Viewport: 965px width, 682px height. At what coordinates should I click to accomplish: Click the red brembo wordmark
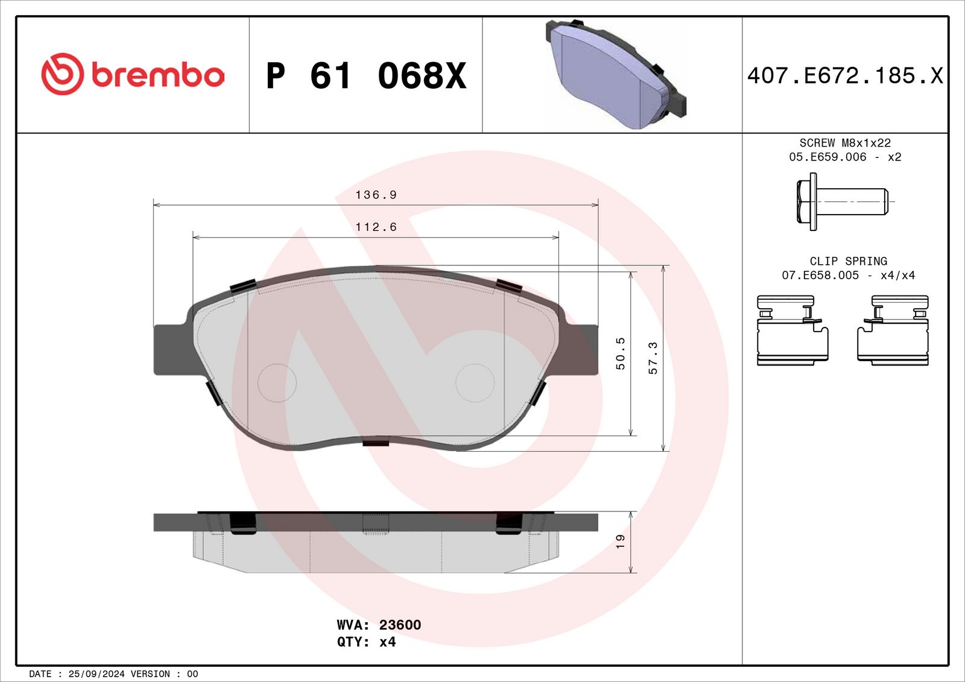(x=157, y=75)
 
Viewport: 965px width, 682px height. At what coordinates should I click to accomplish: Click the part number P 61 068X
(x=366, y=76)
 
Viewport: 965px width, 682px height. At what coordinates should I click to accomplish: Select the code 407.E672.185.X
(x=845, y=75)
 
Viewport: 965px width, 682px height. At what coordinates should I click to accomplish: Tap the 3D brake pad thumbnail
(x=616, y=74)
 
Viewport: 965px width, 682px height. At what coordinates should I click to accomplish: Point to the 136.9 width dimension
(x=376, y=195)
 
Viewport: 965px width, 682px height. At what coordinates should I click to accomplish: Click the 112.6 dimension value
(x=376, y=227)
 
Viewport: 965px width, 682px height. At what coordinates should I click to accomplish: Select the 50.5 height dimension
(x=621, y=353)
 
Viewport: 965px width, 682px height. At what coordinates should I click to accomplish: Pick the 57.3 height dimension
(x=653, y=358)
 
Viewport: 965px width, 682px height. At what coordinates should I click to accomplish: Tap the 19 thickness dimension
(x=621, y=541)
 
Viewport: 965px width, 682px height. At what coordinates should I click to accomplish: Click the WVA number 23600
(x=400, y=624)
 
